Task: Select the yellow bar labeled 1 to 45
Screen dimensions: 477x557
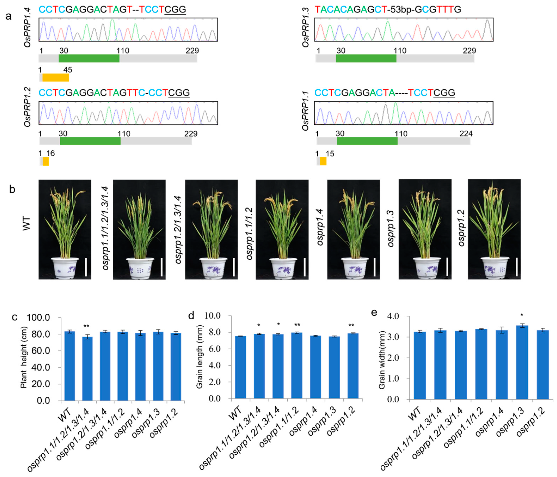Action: click(x=56, y=77)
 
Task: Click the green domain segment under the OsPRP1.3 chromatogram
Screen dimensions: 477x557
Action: click(x=366, y=58)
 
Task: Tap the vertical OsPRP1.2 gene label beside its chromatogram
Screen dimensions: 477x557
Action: click(x=27, y=107)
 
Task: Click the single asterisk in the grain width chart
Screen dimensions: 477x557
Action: click(x=522, y=315)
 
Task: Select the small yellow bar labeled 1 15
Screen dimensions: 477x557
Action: click(x=323, y=161)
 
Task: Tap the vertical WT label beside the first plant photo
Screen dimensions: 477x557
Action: click(x=26, y=223)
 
